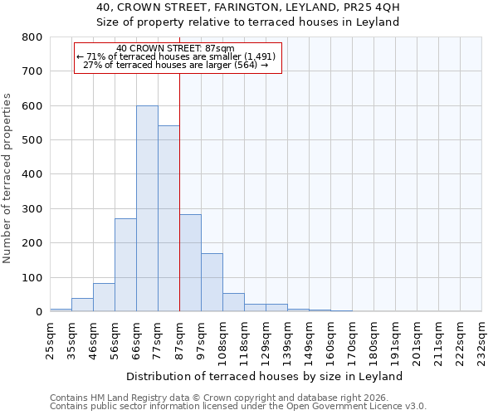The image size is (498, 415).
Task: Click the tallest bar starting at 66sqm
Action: coord(147,208)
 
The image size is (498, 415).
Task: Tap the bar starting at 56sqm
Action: coord(125,265)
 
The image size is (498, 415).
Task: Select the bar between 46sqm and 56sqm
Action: coord(104,297)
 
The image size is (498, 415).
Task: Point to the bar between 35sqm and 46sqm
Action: coord(82,305)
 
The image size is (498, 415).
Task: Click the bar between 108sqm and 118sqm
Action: coord(233,302)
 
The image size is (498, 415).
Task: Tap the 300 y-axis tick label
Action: coord(32,209)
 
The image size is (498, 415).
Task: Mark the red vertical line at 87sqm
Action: coord(179,191)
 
